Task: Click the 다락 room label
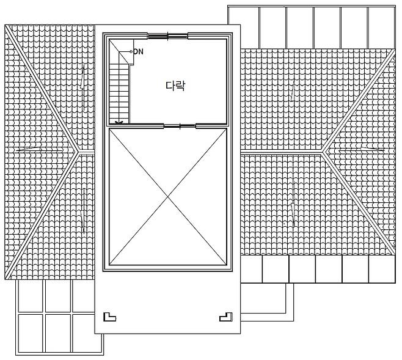click(x=175, y=86)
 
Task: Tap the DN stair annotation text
click(x=138, y=52)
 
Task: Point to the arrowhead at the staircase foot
click(x=119, y=122)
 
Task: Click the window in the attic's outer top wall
click(x=167, y=35)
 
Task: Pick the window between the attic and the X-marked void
click(x=180, y=127)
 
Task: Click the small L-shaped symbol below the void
click(x=109, y=317)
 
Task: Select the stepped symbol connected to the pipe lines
click(x=225, y=317)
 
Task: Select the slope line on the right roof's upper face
click(x=293, y=92)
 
